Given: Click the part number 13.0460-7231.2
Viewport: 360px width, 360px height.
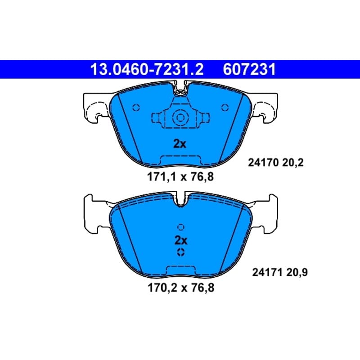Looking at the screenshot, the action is coord(147,69).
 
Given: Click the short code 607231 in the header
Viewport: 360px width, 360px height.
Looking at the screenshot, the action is coord(249,69).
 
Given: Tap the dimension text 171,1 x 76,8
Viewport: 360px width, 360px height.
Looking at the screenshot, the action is coord(180,177).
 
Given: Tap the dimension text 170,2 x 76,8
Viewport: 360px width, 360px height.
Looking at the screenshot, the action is coord(181,288).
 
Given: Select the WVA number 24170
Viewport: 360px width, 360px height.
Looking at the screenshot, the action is coord(263,163).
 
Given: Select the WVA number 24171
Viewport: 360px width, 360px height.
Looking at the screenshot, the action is coord(267,273).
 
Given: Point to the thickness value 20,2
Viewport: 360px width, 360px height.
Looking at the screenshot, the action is coord(293,163).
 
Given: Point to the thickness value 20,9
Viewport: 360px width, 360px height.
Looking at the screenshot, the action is coord(297,273).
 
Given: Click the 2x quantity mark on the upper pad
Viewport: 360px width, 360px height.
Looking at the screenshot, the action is coord(180,144).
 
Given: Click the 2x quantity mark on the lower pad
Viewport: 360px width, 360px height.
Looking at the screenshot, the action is coord(181,240).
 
